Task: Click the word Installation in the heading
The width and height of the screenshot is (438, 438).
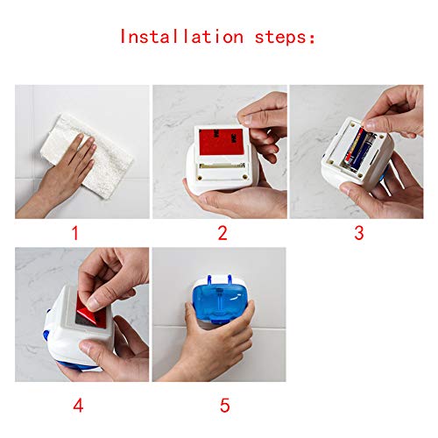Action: tap(181, 37)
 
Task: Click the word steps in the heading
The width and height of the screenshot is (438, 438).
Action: tap(281, 38)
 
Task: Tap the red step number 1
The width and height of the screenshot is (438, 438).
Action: tap(75, 233)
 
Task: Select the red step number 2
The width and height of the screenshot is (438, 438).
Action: tap(223, 233)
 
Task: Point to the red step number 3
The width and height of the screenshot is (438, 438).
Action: tap(359, 233)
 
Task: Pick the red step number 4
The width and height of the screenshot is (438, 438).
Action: tap(78, 406)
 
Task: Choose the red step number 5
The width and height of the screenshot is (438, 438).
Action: tap(225, 406)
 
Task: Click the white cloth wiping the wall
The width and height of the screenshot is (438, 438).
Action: tap(87, 155)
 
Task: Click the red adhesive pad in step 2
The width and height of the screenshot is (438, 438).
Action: tap(222, 142)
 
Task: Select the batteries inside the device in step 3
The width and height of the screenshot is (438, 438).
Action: tap(357, 149)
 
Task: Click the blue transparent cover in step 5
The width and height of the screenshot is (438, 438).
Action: tap(219, 300)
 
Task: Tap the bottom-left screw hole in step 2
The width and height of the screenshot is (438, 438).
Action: tap(200, 177)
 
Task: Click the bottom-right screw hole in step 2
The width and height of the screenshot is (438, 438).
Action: tap(244, 177)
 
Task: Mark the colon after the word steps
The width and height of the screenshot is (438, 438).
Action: tap(313, 39)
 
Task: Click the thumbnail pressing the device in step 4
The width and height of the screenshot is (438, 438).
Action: tap(86, 348)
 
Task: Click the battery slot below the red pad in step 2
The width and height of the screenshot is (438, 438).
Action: tap(222, 166)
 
